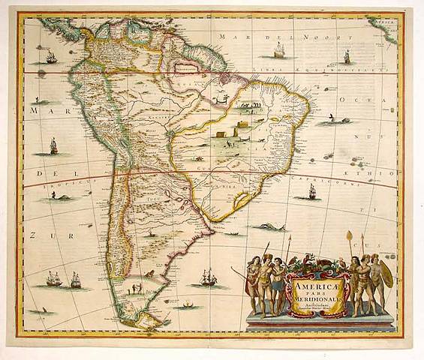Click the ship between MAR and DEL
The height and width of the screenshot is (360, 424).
54,145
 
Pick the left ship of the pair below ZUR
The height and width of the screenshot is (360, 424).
54,279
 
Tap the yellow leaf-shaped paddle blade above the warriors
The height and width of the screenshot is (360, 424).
348,238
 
